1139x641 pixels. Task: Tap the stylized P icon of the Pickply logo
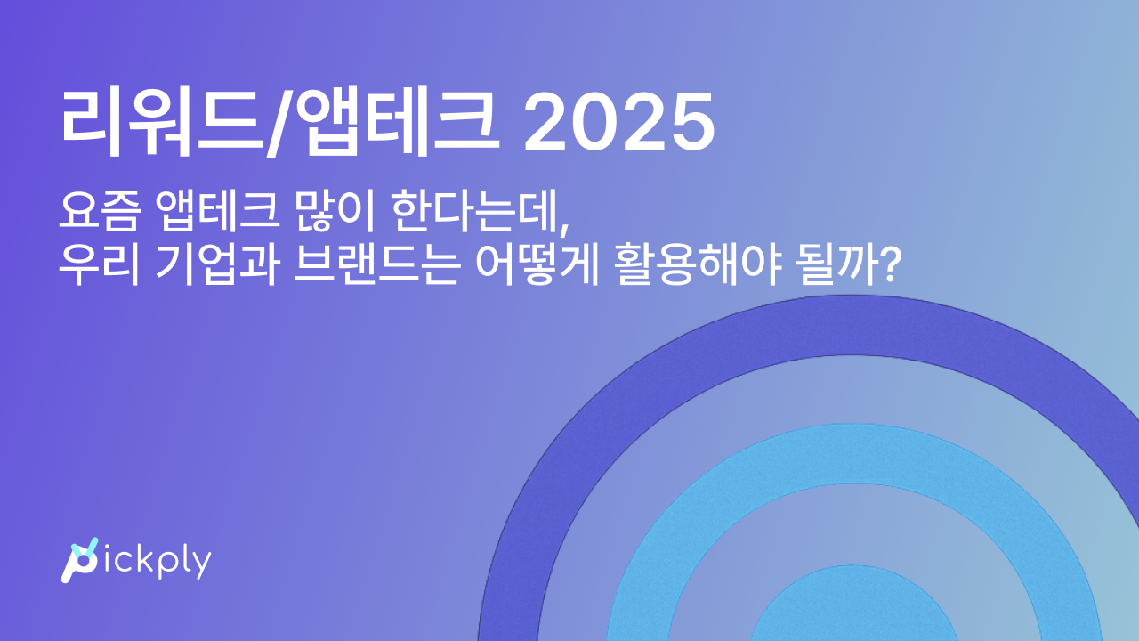coord(78,562)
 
